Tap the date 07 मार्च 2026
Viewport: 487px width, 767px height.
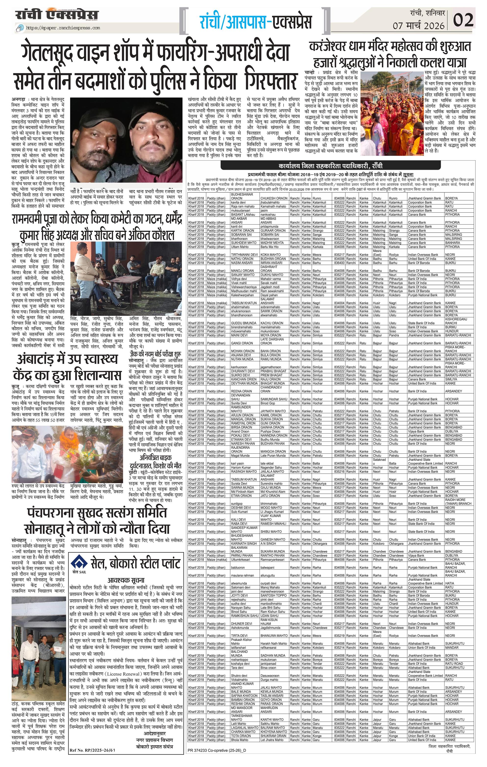tap(420, 25)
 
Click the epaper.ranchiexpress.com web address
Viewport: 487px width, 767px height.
tap(63, 28)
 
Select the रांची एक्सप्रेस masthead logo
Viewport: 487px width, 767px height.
tap(57, 15)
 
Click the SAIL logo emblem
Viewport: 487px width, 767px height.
tap(79, 563)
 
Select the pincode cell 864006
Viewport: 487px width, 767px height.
tap(339, 559)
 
